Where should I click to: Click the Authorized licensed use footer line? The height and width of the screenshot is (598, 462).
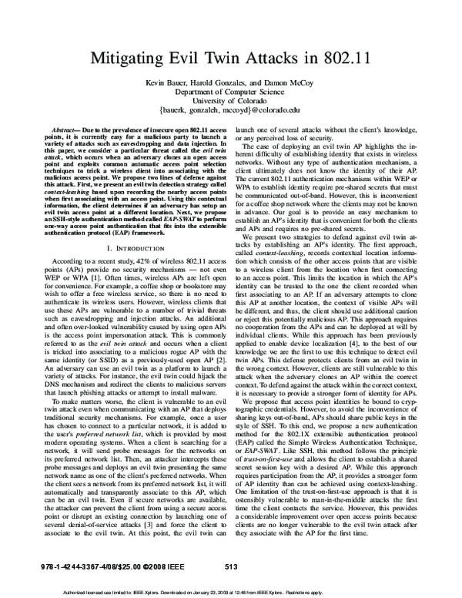point(230,593)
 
